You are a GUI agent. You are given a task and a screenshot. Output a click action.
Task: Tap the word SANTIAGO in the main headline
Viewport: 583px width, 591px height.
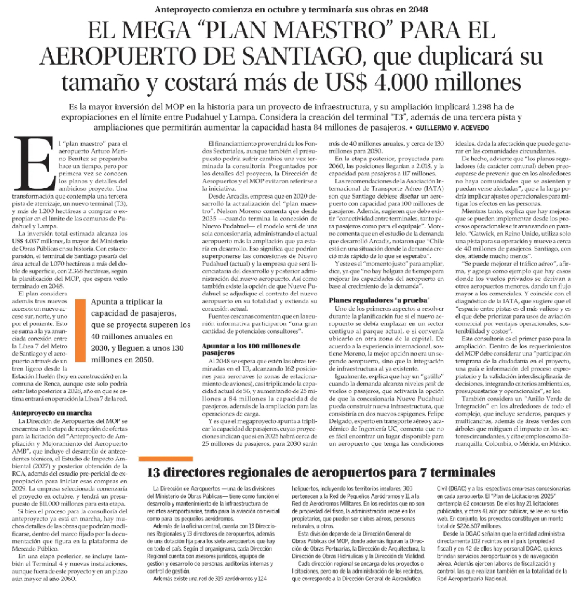[301, 57]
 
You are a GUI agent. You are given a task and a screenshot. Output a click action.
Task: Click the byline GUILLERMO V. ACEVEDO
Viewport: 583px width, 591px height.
[452, 128]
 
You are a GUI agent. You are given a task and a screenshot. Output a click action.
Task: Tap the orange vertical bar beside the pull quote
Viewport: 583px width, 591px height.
[80, 331]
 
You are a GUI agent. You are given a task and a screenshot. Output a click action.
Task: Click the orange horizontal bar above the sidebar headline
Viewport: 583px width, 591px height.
[166, 459]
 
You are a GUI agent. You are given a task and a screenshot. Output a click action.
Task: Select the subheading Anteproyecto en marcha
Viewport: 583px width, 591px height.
[52, 413]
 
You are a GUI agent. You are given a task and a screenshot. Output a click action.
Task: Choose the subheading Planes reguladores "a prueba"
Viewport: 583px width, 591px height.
[379, 300]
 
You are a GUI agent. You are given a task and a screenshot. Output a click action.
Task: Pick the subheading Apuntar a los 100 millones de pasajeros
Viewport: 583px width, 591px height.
[251, 349]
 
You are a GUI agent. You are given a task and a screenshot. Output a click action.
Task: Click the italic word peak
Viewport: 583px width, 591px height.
[429, 384]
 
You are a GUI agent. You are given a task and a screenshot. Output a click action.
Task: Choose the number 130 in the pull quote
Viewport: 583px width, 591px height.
[175, 348]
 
